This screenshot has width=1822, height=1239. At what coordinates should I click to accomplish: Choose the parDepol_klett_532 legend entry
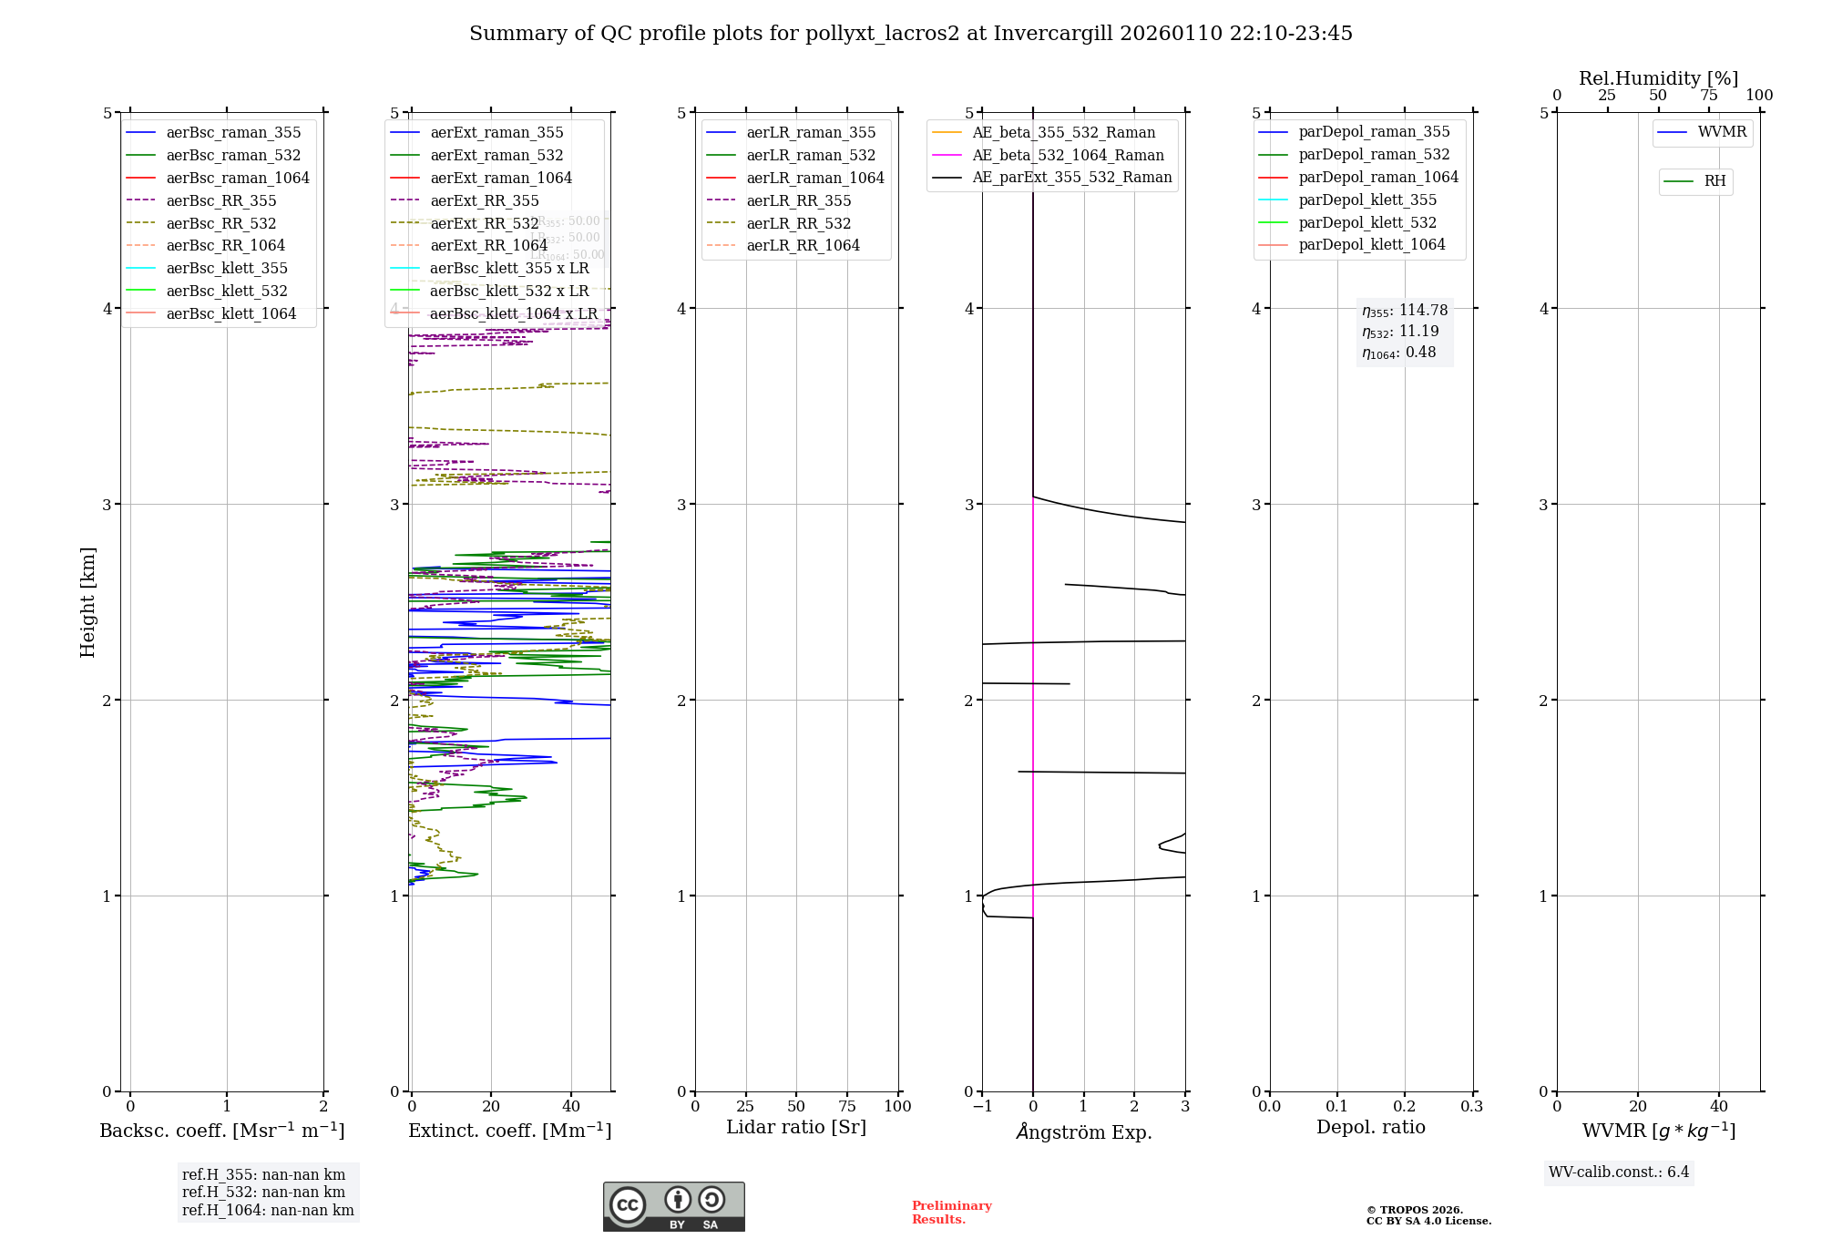(1366, 222)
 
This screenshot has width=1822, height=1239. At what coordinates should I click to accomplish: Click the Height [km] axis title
(87, 602)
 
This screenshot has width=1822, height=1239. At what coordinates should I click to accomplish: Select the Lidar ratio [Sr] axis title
(795, 1127)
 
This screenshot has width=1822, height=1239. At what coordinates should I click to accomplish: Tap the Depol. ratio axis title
(1370, 1127)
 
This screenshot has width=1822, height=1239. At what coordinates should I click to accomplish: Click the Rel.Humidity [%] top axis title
(1658, 78)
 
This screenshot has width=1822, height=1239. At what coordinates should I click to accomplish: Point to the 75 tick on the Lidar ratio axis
(847, 1107)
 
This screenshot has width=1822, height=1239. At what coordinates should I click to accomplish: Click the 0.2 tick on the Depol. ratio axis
(1405, 1107)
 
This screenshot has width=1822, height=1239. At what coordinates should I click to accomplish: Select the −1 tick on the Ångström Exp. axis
(982, 1107)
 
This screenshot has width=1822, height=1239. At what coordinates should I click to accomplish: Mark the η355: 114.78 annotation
(1404, 311)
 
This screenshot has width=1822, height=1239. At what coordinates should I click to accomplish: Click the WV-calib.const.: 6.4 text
(1618, 1172)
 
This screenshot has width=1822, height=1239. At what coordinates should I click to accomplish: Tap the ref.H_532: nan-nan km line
(263, 1193)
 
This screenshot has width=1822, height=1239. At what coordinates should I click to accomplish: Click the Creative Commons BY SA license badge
(673, 1207)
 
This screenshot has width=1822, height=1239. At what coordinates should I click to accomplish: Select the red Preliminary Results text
(951, 1213)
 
